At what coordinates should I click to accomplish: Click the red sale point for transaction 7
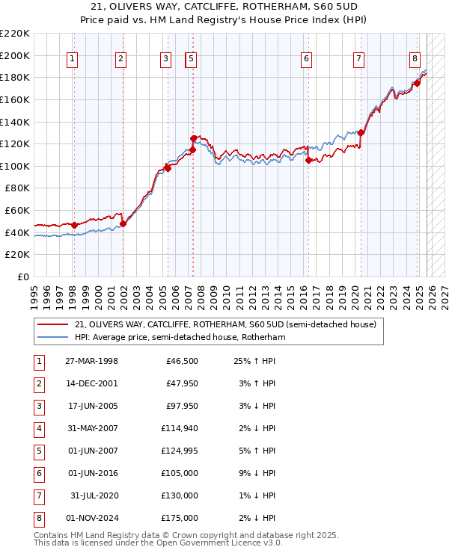360,133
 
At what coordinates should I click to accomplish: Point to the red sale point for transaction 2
122,223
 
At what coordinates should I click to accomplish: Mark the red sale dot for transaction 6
308,160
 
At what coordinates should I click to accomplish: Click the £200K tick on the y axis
15,55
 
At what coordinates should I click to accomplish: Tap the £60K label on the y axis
18,211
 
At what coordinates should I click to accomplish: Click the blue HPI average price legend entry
180,337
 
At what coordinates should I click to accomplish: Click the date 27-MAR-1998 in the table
91,362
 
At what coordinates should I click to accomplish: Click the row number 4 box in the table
38,429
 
